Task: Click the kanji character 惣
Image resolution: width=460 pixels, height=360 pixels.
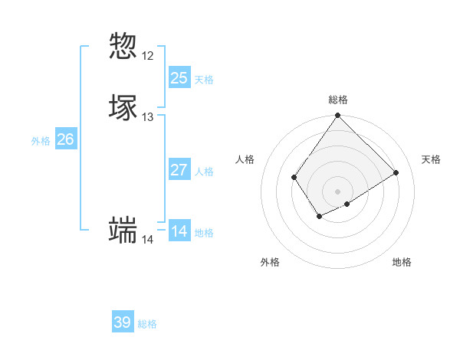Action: [123, 46]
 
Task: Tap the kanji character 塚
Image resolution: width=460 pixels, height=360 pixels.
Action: [123, 107]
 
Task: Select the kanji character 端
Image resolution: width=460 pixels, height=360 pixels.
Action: [123, 230]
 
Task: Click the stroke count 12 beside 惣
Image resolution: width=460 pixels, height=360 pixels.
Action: [147, 56]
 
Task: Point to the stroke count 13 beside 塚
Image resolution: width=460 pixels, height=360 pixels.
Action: [147, 117]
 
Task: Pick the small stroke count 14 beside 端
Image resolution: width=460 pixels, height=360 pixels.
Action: [147, 240]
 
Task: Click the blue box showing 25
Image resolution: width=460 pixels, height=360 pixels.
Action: [179, 77]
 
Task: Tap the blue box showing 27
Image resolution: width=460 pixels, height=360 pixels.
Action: [179, 169]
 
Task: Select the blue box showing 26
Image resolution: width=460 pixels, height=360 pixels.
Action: [65, 139]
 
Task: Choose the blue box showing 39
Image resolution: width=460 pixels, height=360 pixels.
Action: [122, 322]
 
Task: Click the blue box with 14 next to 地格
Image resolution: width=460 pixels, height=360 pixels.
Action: [179, 231]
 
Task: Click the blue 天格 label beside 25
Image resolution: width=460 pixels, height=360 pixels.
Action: [204, 80]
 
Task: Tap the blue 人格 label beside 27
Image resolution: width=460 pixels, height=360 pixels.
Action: [204, 172]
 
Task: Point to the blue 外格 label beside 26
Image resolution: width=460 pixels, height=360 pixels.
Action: [41, 141]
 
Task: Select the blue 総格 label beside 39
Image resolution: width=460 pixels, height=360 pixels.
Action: [147, 325]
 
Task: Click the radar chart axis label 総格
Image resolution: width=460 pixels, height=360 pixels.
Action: [338, 100]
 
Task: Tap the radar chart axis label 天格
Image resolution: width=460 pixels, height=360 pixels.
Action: [431, 159]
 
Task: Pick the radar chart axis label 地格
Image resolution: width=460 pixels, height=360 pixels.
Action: [402, 262]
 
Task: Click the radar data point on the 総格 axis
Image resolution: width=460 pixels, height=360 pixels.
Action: [338, 116]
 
